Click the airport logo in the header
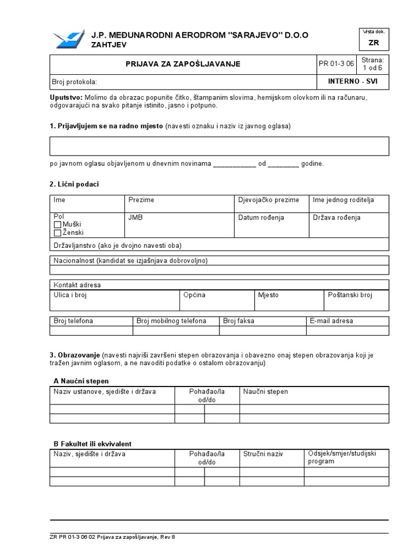(69, 39)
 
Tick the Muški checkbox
(57, 225)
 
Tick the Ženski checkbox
(57, 233)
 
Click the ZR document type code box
(374, 43)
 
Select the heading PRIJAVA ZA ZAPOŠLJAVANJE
(183, 64)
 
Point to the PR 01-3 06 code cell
(336, 64)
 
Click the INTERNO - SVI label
(352, 81)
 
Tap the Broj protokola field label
(74, 82)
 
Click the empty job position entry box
(219, 146)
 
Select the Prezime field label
(141, 200)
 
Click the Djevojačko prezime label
(269, 200)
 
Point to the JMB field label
(135, 217)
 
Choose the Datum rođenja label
(261, 217)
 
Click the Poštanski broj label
(350, 295)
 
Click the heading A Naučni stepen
(81, 381)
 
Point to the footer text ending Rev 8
(112, 537)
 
